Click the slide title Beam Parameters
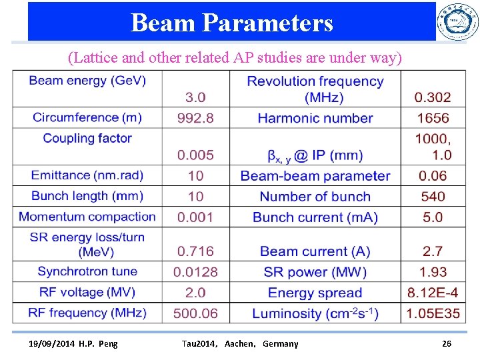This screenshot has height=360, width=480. [x=231, y=23]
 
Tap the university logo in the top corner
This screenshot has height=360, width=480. [x=457, y=21]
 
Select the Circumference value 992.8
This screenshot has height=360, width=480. [x=195, y=118]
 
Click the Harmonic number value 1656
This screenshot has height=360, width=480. [x=432, y=118]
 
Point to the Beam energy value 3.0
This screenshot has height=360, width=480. [x=195, y=97]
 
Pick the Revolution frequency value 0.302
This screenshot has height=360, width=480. [x=432, y=97]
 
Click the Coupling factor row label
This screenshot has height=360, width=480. [x=87, y=138]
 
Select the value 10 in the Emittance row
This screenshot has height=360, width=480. [x=195, y=176]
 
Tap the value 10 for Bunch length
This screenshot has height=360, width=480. [x=195, y=197]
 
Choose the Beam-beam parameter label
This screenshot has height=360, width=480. [x=315, y=176]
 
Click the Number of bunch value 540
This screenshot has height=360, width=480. [x=432, y=197]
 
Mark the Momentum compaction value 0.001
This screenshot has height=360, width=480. [x=195, y=217]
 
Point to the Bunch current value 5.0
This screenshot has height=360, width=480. [x=432, y=217]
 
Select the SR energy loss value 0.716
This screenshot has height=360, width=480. [x=195, y=251]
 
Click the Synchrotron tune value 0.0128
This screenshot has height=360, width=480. [x=195, y=272]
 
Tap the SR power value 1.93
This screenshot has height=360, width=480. [x=432, y=272]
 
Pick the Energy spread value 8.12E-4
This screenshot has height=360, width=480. [x=432, y=293]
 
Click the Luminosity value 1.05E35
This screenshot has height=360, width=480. [x=432, y=313]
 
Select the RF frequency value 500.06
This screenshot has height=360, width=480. [x=195, y=313]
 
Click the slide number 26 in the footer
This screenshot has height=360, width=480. [x=447, y=343]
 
